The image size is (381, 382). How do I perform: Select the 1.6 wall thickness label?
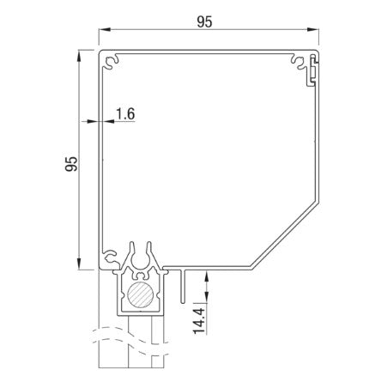click(x=124, y=112)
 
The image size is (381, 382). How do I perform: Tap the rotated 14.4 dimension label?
click(x=199, y=318)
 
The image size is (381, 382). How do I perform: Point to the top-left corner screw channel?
click(x=110, y=62)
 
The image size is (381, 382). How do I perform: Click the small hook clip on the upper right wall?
click(x=314, y=73)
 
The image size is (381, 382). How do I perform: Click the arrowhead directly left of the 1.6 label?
click(x=94, y=122)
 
